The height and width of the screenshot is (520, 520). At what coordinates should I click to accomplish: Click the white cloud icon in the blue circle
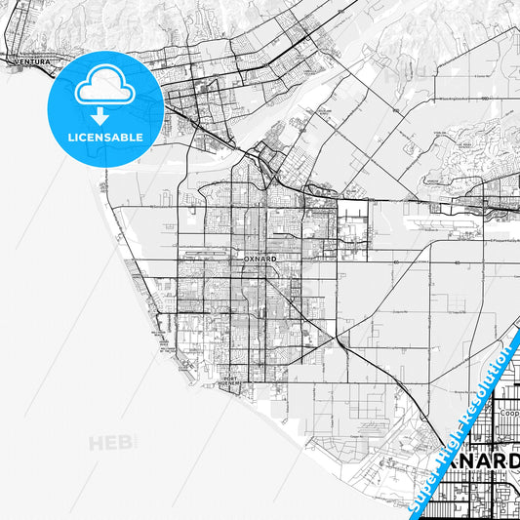click(103, 87)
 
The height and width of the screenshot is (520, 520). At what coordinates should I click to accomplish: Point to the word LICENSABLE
click(104, 138)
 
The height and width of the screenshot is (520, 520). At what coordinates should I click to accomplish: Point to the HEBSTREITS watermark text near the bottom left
click(115, 444)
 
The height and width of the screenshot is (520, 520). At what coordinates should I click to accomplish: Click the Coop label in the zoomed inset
click(508, 411)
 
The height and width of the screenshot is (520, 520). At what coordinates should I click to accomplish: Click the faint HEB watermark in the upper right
click(395, 72)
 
